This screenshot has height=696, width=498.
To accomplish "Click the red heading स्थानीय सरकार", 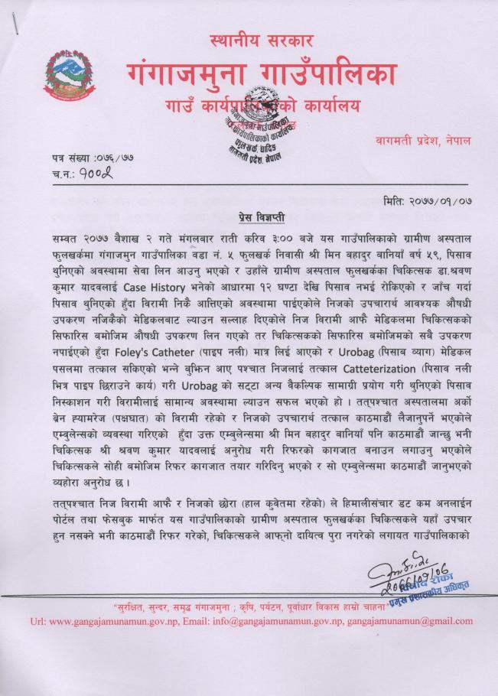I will tap(260, 41).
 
